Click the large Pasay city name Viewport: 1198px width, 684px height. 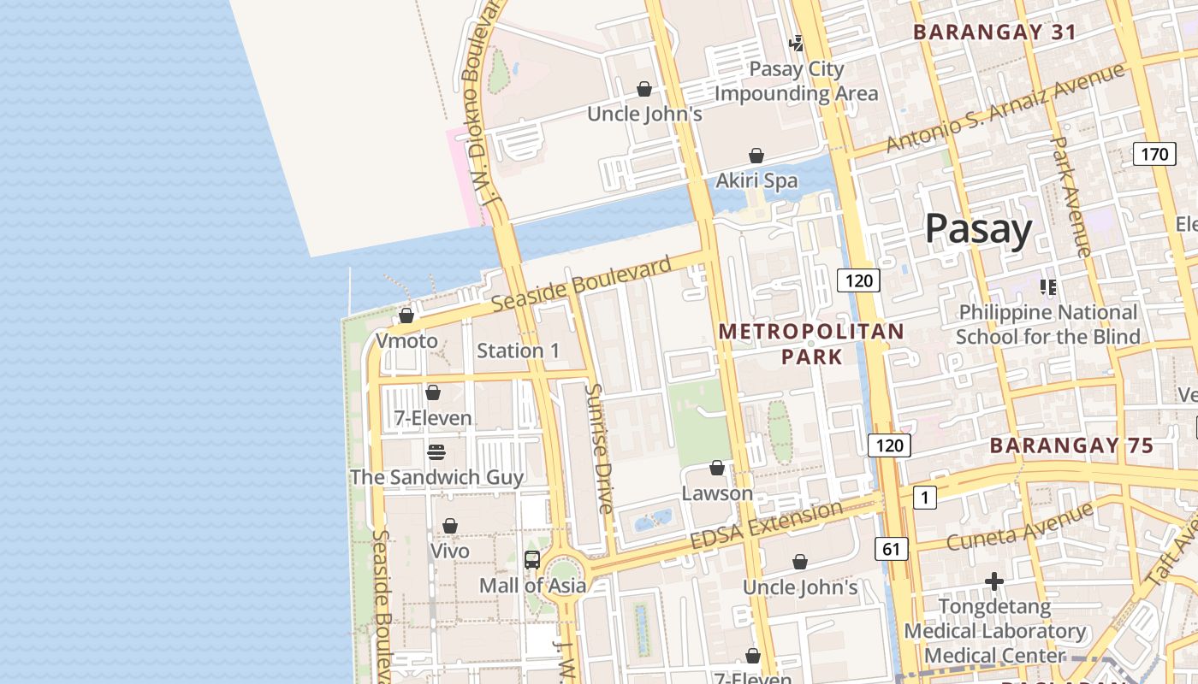tap(978, 229)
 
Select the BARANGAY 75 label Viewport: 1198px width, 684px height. tap(1071, 445)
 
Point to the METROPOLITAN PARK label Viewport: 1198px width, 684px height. tap(810, 343)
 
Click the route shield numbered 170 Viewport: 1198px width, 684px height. tap(1154, 154)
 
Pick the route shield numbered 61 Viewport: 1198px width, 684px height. tap(891, 549)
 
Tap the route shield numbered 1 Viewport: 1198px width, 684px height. tap(924, 497)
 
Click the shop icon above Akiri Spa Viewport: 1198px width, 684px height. tap(756, 156)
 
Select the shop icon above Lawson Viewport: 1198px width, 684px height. tap(717, 468)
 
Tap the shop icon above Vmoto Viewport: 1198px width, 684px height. tap(406, 315)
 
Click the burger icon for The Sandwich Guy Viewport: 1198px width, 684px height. tap(436, 451)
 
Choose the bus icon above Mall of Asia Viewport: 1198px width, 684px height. tap(532, 560)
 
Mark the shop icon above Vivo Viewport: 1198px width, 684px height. tap(450, 526)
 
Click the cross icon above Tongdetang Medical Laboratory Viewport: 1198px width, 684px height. tap(993, 581)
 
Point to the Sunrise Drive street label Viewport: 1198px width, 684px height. tap(598, 448)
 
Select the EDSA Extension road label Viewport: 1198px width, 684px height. tap(766, 525)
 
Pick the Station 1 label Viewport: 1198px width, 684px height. tap(518, 351)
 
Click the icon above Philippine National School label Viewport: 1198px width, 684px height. tap(1047, 286)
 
